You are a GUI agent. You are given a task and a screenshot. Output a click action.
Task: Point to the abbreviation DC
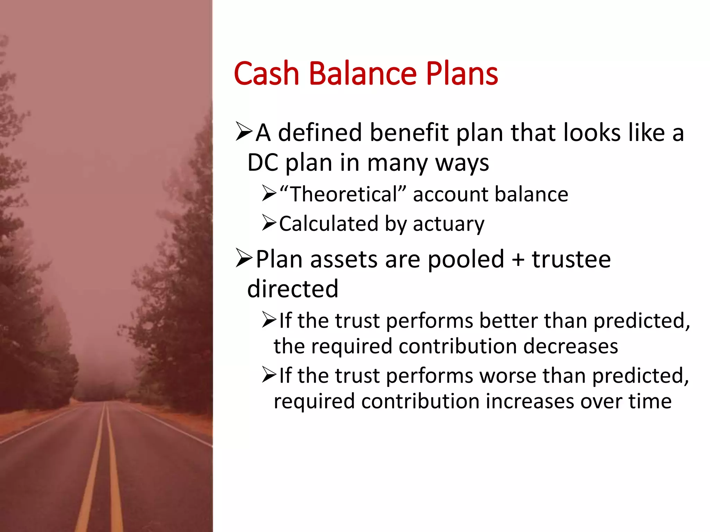point(263,162)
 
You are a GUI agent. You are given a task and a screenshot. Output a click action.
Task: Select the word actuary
point(448,224)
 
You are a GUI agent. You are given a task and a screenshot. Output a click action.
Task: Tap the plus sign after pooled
point(518,259)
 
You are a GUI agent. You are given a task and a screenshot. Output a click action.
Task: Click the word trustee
point(571,259)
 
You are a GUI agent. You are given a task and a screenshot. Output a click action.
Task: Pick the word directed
point(293,289)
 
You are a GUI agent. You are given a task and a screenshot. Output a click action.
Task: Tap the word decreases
point(570,346)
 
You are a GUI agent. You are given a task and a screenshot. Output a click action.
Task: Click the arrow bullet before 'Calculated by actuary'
point(269,223)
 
